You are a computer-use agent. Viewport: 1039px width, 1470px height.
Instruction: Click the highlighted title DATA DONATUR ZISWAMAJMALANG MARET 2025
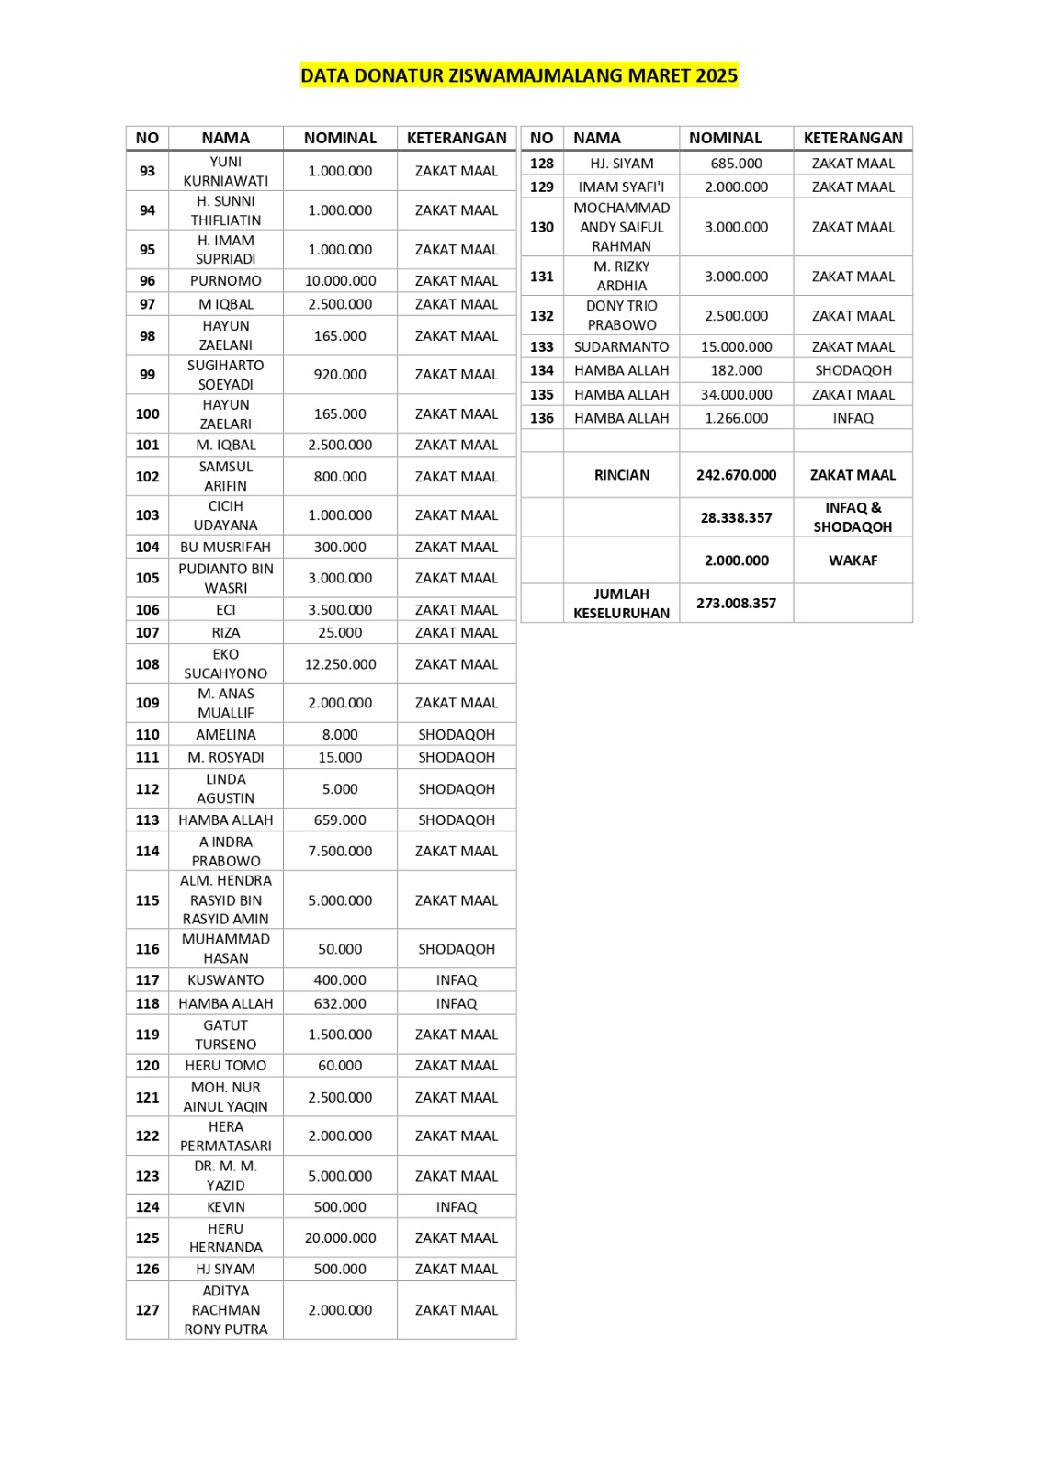[x=519, y=75]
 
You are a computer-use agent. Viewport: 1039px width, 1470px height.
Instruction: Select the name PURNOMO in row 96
[x=226, y=281]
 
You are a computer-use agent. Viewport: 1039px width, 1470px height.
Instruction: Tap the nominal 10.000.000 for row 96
[x=340, y=281]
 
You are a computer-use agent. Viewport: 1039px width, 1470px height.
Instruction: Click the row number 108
[x=147, y=664]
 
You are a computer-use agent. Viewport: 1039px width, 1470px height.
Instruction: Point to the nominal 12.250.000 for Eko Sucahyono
[x=340, y=664]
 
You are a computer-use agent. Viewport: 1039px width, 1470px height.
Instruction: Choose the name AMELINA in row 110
[x=226, y=735]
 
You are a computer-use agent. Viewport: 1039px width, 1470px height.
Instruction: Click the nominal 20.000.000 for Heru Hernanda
[x=340, y=1238]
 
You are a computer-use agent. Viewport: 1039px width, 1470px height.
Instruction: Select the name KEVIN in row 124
[x=226, y=1207]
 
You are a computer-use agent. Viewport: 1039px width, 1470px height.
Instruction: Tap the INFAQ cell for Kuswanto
[x=457, y=980]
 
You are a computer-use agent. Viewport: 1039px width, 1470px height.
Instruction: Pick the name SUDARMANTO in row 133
[x=622, y=347]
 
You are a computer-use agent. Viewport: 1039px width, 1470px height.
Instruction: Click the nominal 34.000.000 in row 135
[x=737, y=395]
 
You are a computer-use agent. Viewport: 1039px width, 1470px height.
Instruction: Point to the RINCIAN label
[x=622, y=475]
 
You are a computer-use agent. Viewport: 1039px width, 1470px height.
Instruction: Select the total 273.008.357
[x=737, y=604]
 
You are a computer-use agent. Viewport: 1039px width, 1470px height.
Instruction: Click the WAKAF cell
[x=853, y=560]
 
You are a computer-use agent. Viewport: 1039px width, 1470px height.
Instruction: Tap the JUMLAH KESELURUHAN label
[x=622, y=604]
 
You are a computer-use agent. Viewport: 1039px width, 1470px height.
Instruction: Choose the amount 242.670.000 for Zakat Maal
[x=737, y=475]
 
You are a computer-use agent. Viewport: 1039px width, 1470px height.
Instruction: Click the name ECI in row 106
[x=226, y=610]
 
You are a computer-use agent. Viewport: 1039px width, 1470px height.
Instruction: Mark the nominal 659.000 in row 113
[x=340, y=820]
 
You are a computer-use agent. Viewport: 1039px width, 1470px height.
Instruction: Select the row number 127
[x=147, y=1310]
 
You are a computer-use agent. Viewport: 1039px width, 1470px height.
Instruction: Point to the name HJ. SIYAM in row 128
[x=622, y=164]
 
